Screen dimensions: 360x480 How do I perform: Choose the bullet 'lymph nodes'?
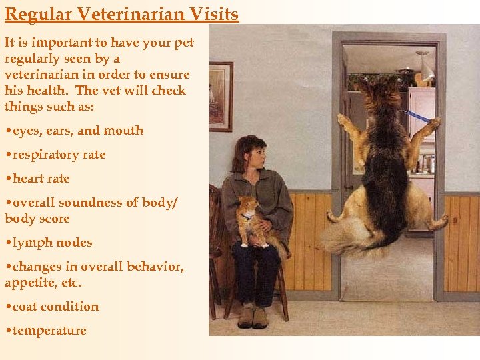point(51,243)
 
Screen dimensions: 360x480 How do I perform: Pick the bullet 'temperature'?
point(49,331)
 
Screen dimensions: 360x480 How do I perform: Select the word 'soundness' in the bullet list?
point(98,203)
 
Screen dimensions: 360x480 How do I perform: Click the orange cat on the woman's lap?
point(253,220)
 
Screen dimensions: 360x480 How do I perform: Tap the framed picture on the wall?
point(221,97)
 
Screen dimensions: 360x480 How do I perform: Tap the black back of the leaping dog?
point(386,160)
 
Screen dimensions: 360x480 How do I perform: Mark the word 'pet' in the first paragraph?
point(182,43)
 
